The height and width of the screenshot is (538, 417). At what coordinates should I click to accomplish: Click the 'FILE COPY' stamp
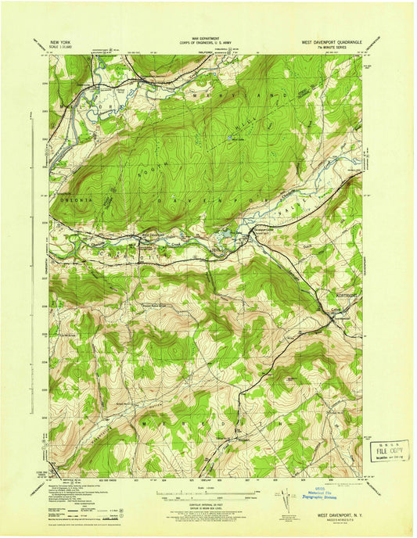(383, 451)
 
